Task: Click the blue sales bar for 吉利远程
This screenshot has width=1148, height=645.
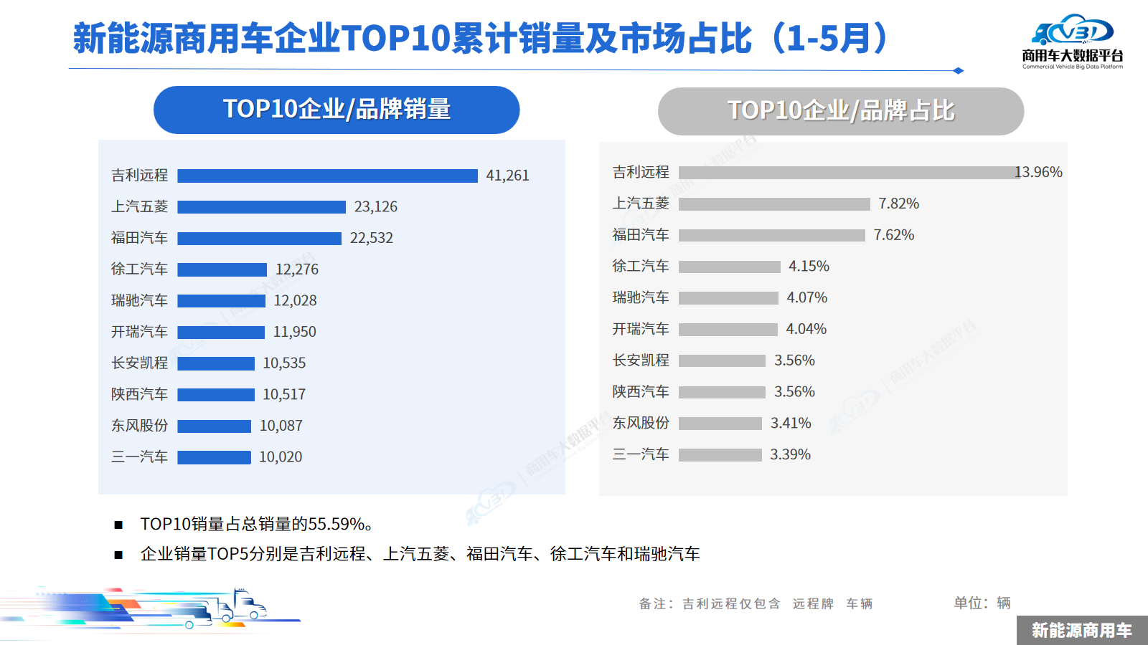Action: pos(327,176)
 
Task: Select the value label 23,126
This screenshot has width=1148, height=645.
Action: pos(375,207)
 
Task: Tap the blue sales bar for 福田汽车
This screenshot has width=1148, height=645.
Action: pos(259,239)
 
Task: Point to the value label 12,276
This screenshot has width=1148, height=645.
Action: pos(297,269)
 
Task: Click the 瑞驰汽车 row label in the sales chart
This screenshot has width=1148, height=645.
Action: pos(139,300)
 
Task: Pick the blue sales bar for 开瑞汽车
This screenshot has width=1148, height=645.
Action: pos(221,333)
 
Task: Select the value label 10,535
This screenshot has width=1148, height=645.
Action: pos(284,363)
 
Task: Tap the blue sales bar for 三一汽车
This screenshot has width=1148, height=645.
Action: pos(214,457)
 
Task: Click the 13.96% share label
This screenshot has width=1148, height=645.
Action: pos(1038,172)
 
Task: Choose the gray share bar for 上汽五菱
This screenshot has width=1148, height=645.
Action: pos(774,204)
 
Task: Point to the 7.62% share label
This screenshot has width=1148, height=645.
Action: pos(893,235)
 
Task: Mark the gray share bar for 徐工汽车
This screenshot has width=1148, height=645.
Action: pos(729,267)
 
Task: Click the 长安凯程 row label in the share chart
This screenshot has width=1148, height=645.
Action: pos(640,360)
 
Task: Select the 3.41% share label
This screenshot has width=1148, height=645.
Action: pos(791,424)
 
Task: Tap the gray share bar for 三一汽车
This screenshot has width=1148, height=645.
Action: pos(720,455)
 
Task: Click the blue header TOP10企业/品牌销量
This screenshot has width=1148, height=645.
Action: pos(337,110)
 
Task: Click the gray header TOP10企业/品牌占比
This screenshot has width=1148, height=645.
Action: pos(840,111)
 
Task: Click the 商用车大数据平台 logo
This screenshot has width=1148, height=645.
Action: pos(1072,42)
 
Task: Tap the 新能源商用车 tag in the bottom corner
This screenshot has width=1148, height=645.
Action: pos(1081,631)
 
